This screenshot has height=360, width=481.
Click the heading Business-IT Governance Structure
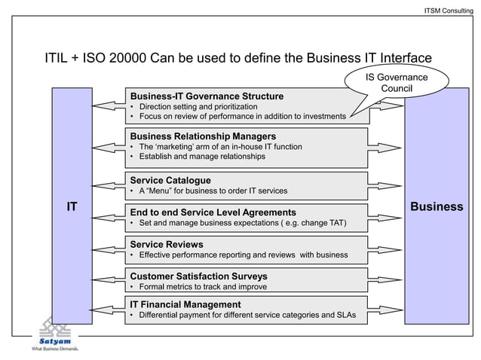[207, 96]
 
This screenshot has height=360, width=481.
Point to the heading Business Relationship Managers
[203, 136]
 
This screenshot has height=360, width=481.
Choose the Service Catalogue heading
[170, 181]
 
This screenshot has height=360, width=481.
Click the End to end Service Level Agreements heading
[213, 212]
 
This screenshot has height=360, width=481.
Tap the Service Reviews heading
[167, 245]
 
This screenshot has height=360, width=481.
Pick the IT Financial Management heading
[185, 304]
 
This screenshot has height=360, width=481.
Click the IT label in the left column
[72, 206]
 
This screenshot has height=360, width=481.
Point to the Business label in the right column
[437, 206]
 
